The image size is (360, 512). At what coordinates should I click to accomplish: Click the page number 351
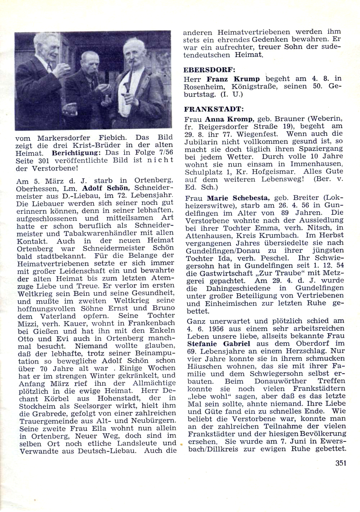[x=341, y=463]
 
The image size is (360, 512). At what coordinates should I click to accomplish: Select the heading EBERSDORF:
[x=204, y=70]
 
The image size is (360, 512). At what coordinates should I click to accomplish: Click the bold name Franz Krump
[x=233, y=79]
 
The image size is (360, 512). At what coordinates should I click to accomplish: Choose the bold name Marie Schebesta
[x=237, y=198]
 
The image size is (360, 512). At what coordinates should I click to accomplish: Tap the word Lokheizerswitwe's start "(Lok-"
[x=333, y=198]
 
